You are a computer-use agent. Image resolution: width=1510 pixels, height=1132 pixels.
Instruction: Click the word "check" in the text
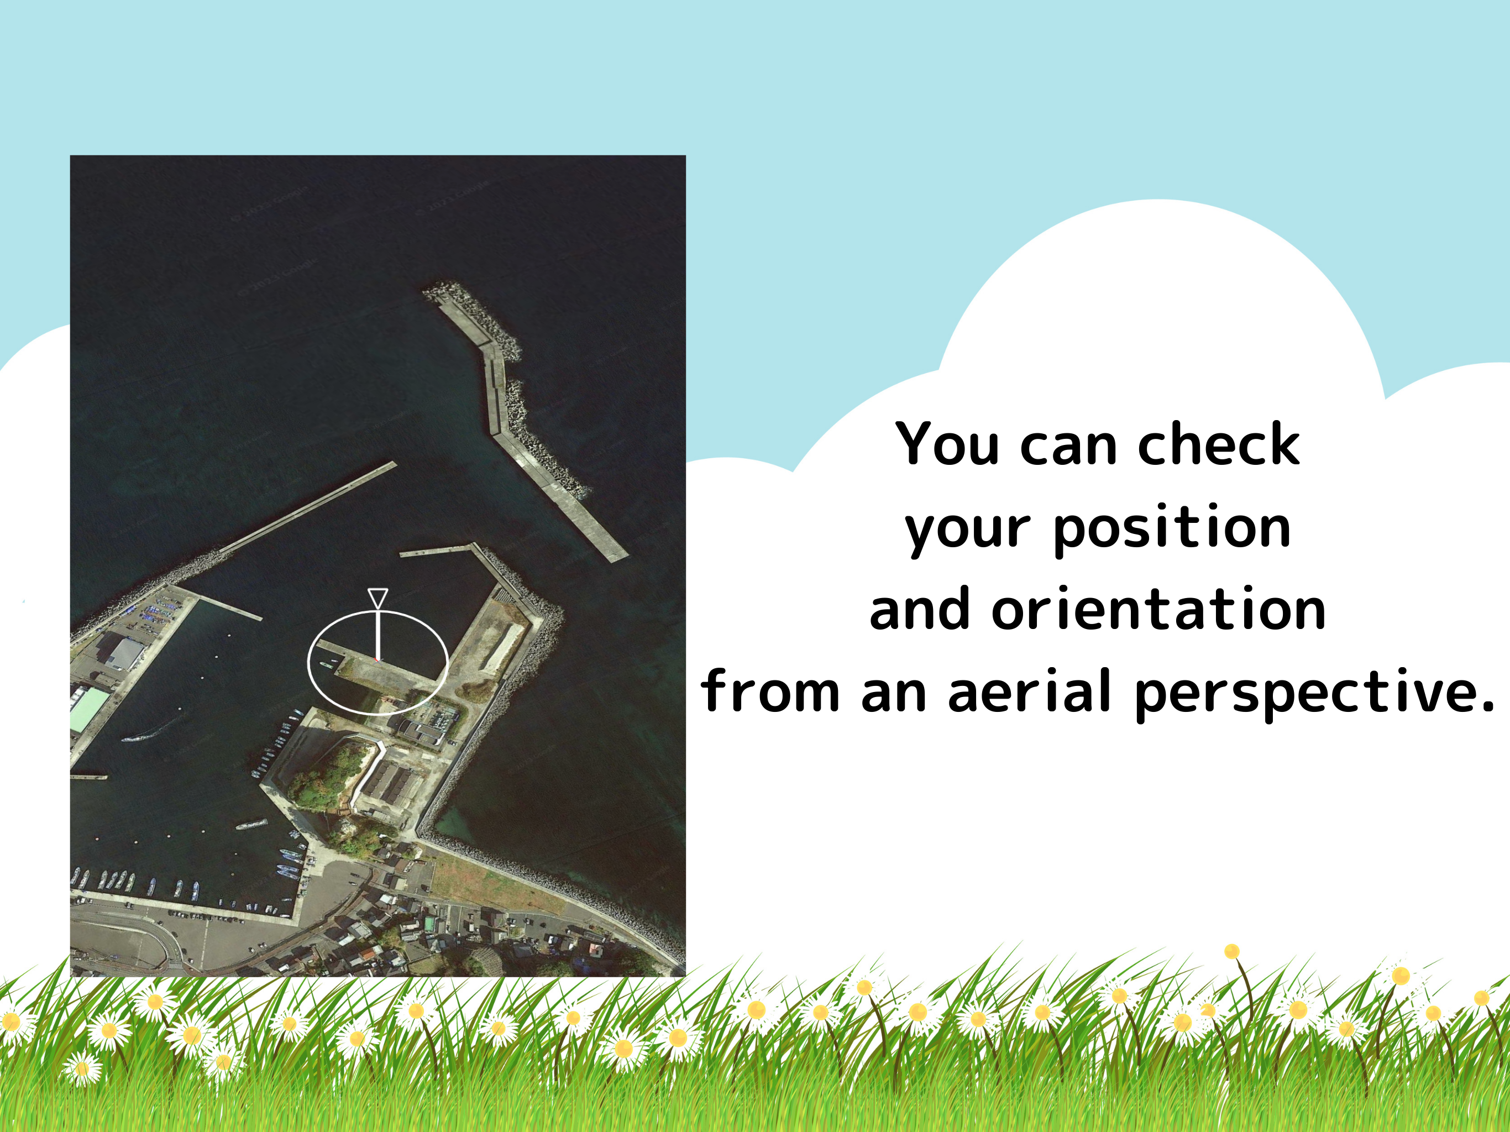pos(1219,444)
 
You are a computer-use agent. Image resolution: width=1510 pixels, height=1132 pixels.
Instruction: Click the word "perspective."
pos(1314,694)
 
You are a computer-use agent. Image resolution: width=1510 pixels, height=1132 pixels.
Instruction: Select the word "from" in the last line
pos(770,690)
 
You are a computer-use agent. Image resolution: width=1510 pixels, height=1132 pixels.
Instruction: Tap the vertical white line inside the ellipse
pos(377,635)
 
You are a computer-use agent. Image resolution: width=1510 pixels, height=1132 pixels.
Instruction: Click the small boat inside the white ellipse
pos(328,664)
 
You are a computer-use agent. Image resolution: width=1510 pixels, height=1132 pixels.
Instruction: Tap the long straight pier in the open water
pos(308,507)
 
